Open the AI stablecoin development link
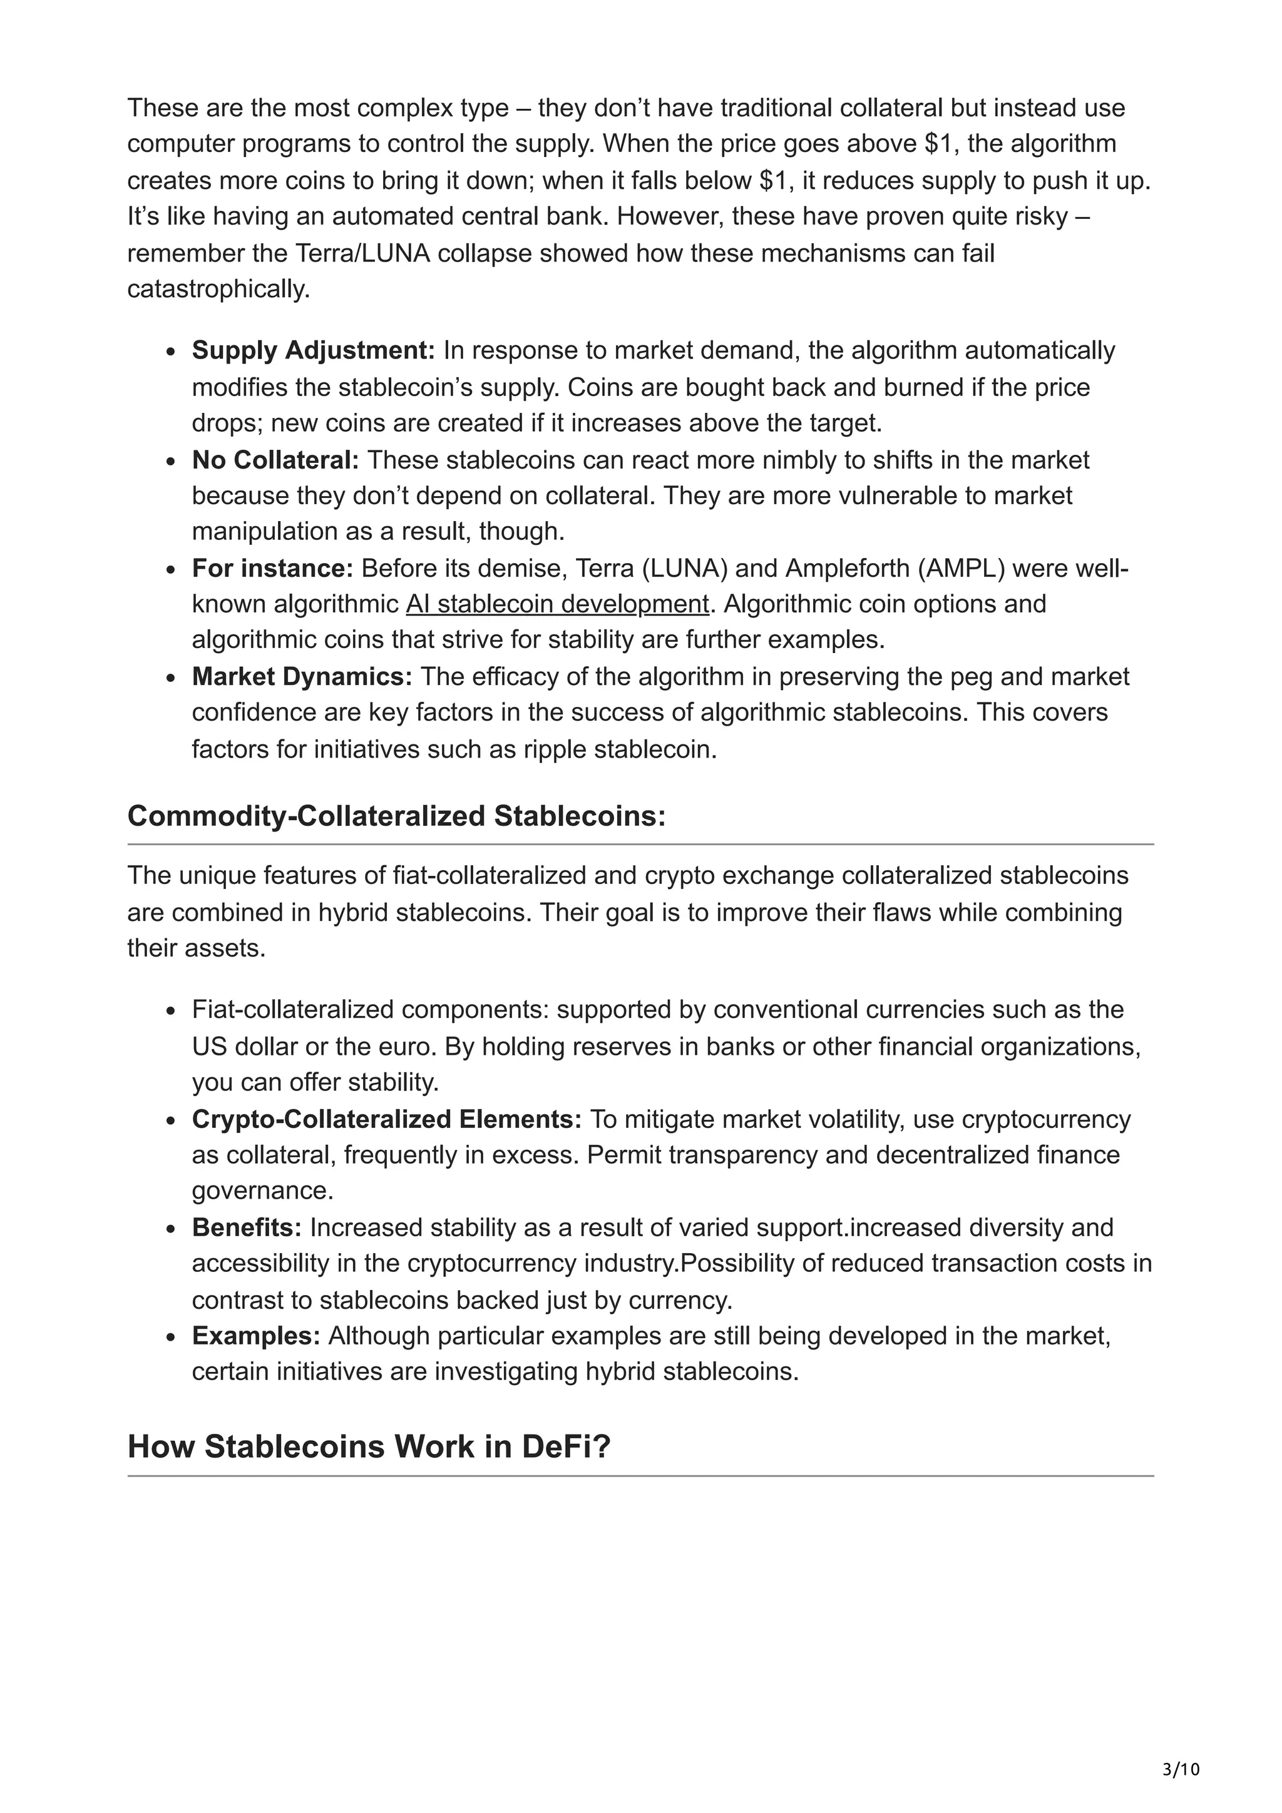pos(557,604)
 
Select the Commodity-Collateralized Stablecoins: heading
pos(396,816)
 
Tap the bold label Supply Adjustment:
pos(313,350)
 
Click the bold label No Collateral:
pos(275,460)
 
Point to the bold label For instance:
pos(272,568)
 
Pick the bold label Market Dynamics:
pos(302,677)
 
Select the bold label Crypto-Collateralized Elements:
pos(386,1119)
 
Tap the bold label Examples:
pos(256,1336)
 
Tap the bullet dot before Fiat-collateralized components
pos(171,1012)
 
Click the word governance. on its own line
pos(262,1191)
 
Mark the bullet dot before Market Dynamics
pos(171,678)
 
